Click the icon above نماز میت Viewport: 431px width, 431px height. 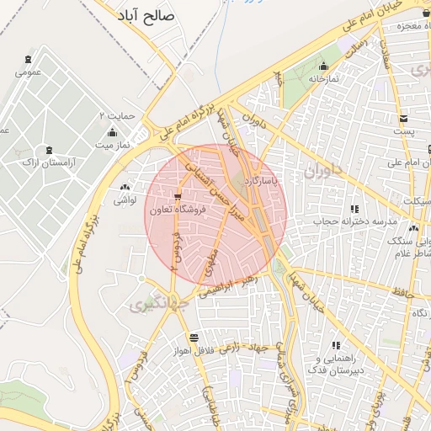coord(113,132)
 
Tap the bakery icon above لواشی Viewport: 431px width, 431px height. coord(125,188)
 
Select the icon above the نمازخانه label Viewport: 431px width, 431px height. coord(323,66)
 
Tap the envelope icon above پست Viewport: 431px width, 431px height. coord(404,119)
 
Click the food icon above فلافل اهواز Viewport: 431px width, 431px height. coord(194,337)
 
